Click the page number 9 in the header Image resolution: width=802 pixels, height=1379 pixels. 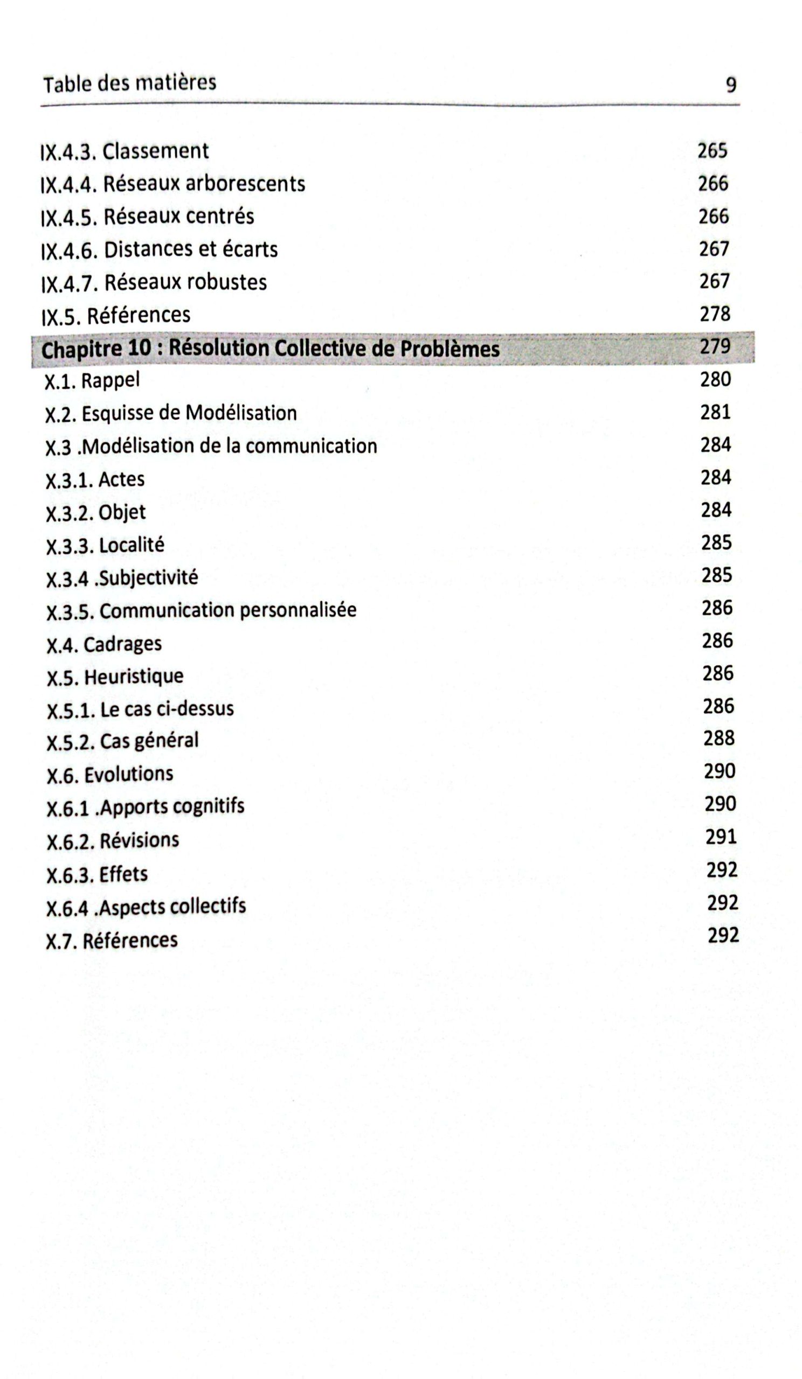click(x=731, y=85)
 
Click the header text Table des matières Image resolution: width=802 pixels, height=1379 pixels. click(x=130, y=83)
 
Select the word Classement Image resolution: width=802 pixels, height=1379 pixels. click(x=155, y=151)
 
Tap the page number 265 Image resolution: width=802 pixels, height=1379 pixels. click(x=712, y=150)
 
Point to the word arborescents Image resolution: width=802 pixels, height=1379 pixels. click(x=245, y=184)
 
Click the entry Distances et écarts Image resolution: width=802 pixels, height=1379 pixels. click(x=190, y=249)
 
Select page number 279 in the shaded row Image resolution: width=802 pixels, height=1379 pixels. click(x=716, y=346)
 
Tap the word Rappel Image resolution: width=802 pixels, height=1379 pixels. click(x=110, y=380)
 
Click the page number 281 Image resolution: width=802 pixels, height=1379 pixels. click(x=716, y=412)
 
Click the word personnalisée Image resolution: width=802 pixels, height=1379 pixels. click(x=298, y=610)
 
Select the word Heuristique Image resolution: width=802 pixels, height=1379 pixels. click(x=134, y=677)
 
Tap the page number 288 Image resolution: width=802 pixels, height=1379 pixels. click(x=718, y=738)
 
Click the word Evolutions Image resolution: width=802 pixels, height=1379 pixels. click(x=129, y=774)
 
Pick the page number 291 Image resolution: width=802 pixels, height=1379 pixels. click(x=721, y=837)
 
